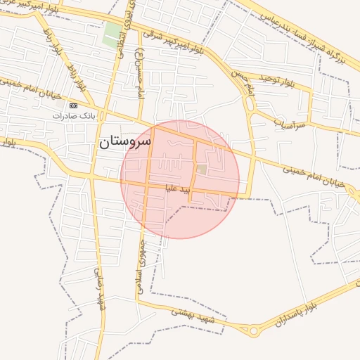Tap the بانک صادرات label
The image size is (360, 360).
(x=74, y=115)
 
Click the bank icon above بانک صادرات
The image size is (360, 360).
(x=73, y=105)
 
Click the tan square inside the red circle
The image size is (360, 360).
(x=202, y=169)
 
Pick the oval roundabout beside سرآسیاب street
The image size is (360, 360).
(x=250, y=105)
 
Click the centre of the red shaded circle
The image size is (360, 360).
(x=180, y=179)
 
